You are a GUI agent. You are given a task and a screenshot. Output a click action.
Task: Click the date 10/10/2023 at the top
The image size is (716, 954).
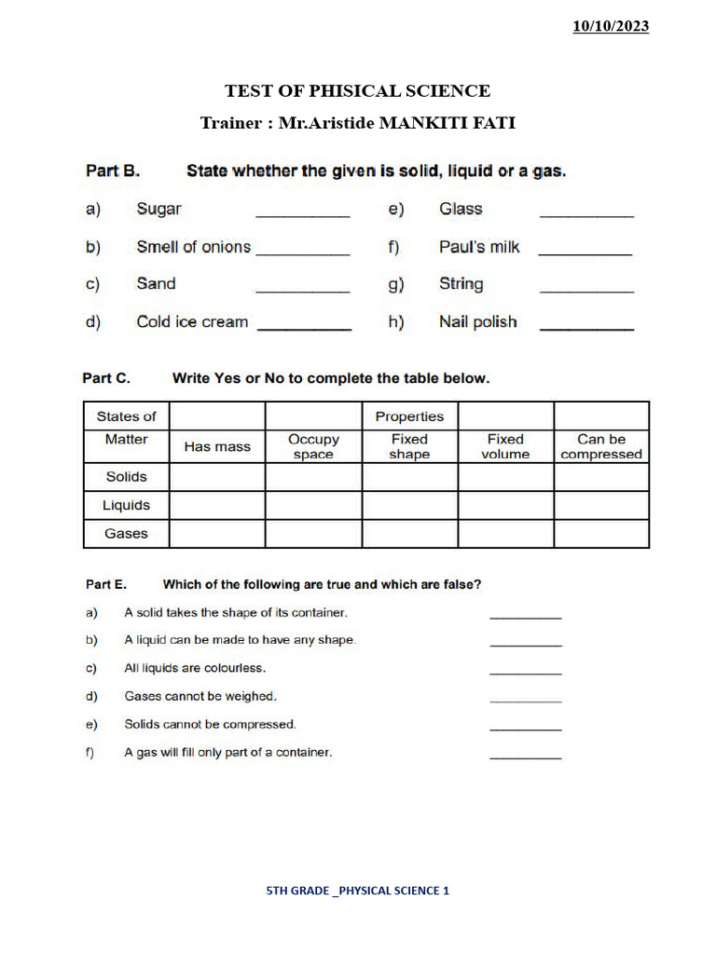[611, 26]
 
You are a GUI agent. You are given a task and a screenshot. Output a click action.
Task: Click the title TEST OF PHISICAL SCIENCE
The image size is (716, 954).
[357, 90]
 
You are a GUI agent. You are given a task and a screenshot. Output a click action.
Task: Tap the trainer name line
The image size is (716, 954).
[357, 123]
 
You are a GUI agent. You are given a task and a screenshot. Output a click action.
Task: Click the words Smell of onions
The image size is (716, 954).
[193, 247]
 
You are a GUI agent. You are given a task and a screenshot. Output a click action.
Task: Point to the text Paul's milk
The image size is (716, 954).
[479, 247]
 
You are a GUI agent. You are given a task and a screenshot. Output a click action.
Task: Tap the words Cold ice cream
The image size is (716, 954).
[192, 321]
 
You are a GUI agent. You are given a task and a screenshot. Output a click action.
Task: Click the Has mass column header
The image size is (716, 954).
[217, 446]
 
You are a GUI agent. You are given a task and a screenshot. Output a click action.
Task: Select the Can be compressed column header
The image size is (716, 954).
[601, 446]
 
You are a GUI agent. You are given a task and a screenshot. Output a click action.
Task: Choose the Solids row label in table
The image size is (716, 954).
[127, 477]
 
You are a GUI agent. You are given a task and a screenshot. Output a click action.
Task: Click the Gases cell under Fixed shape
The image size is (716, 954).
[409, 534]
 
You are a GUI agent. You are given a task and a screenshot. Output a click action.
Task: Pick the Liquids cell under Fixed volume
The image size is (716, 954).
[505, 506]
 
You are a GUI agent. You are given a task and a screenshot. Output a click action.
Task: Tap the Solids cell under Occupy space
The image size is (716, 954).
[313, 477]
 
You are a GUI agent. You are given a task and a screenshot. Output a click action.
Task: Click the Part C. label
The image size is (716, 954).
[106, 378]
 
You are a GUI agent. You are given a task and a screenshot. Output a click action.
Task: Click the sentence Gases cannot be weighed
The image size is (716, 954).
[200, 696]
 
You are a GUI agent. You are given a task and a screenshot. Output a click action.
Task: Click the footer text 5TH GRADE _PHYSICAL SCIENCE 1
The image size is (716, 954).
[358, 891]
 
